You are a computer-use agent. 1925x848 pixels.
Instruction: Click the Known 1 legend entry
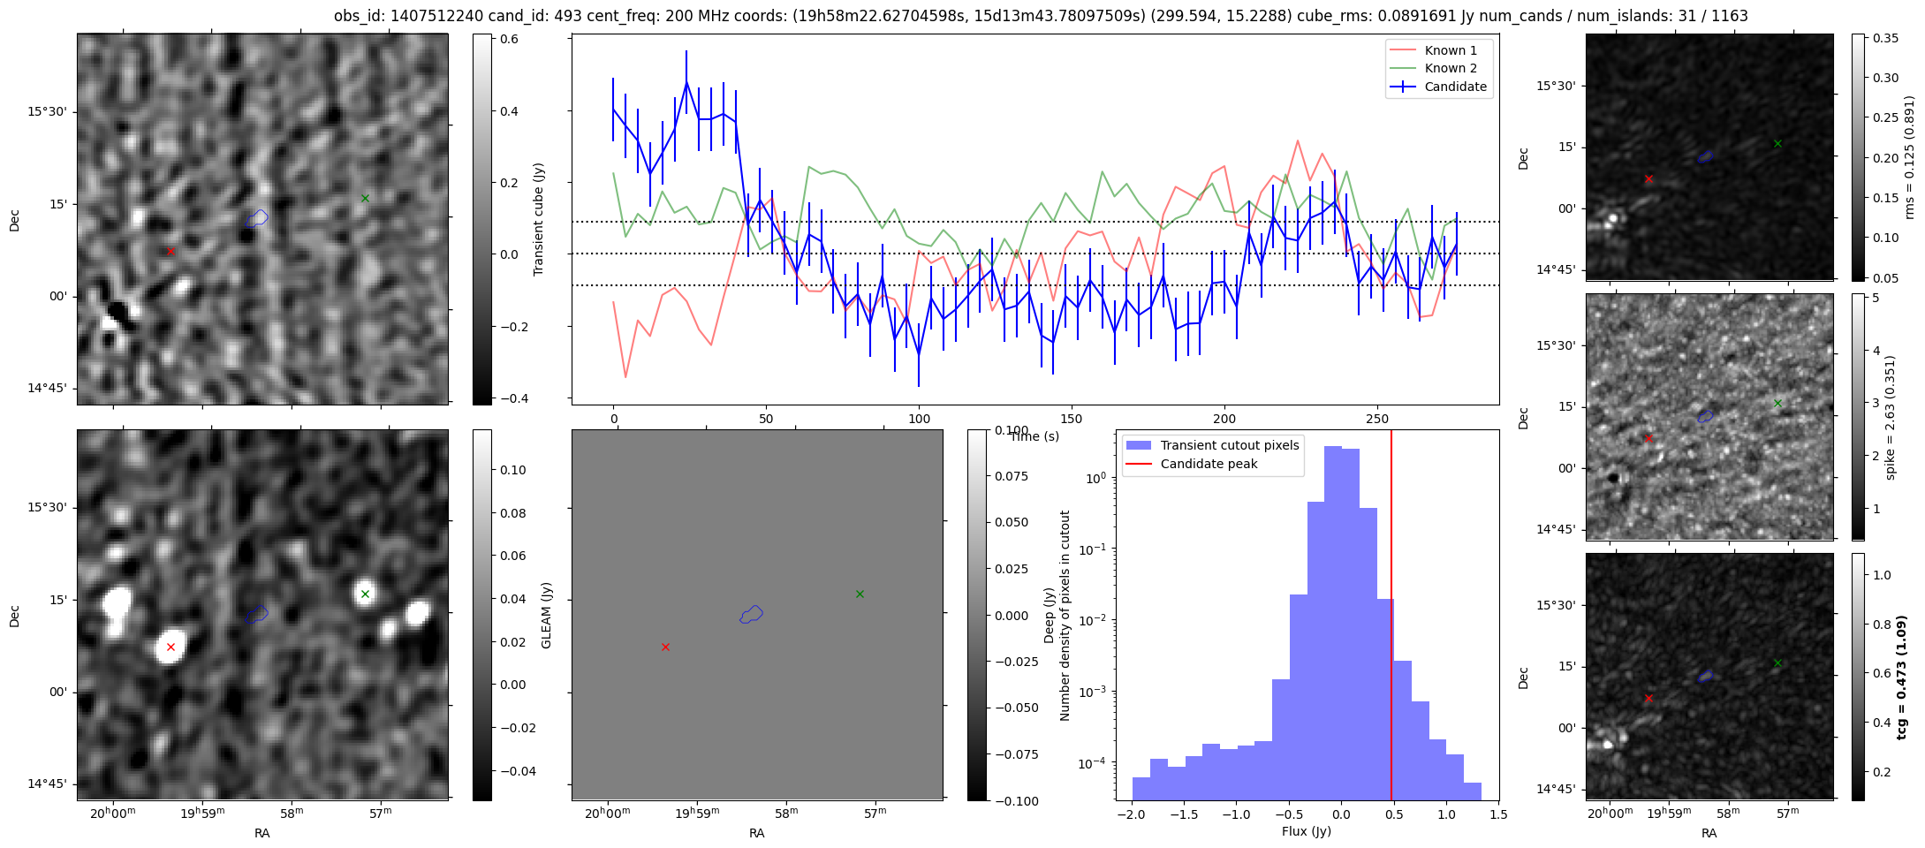(1450, 50)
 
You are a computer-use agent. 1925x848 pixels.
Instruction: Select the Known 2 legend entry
(1450, 68)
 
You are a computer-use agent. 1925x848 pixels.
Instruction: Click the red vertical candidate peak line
(1391, 618)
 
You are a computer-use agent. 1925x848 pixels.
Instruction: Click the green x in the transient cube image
(365, 198)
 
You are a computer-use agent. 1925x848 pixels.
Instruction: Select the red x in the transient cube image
(171, 251)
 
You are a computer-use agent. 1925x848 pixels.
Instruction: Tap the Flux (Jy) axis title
(1306, 831)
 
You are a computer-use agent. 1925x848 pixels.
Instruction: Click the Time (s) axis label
(1034, 436)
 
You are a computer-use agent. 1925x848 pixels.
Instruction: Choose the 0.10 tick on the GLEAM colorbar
(512, 470)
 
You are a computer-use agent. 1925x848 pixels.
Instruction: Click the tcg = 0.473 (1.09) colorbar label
(1902, 677)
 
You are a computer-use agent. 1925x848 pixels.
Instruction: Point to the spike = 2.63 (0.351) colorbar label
(1890, 417)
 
